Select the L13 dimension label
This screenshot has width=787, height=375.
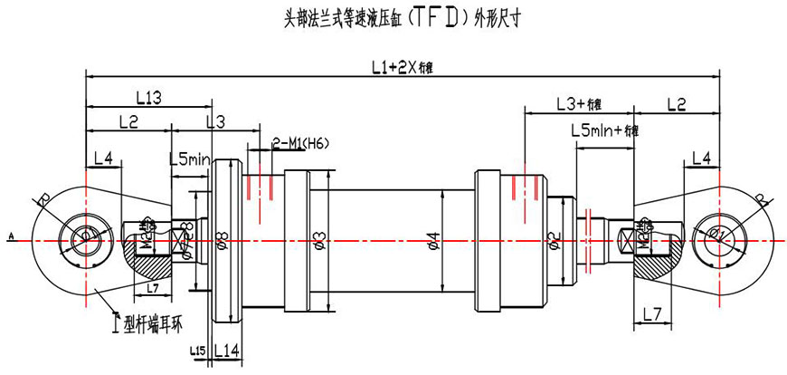pos(148,96)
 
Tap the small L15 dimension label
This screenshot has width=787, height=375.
pos(199,351)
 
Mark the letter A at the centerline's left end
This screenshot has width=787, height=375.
pos(11,237)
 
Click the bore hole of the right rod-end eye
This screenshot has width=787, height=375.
pos(721,237)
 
